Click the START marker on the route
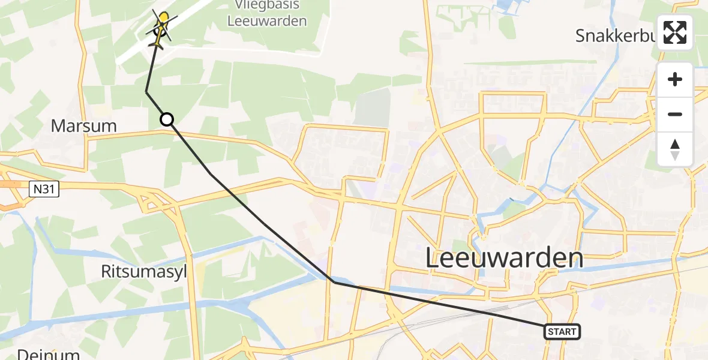(562, 331)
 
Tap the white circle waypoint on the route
(167, 120)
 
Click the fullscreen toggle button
(675, 32)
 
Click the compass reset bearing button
(675, 149)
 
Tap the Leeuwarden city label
(504, 258)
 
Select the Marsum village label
(83, 126)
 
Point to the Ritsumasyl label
(144, 272)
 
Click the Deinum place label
(48, 354)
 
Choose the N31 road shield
(38, 190)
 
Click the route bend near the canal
(334, 281)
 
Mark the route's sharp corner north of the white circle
(146, 92)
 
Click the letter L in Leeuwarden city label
(433, 259)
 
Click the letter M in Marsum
(58, 126)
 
